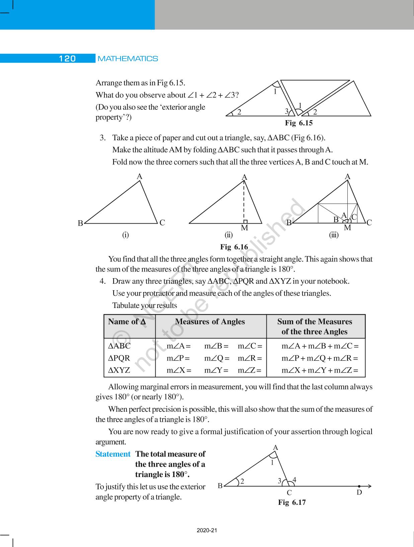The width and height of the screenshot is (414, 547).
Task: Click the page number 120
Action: coord(67,59)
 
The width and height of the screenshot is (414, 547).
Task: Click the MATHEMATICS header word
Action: coord(128,59)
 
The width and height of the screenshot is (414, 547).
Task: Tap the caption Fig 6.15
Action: coord(299,123)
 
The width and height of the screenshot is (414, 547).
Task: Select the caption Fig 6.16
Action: coord(234,247)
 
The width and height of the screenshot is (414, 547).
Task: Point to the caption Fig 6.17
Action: coord(292,502)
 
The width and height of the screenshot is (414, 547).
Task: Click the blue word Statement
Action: coord(113,454)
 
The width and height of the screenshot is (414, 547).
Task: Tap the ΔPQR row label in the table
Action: coord(119,358)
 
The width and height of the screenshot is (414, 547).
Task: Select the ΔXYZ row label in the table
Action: coord(119,370)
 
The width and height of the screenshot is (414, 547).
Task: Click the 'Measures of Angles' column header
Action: coord(210,321)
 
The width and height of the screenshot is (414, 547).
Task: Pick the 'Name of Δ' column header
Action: coord(127,321)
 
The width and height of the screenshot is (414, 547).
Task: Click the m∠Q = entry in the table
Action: coord(217,358)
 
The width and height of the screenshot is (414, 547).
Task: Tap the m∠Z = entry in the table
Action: coord(250,370)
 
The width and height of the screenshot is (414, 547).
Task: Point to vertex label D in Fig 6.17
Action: coord(359,492)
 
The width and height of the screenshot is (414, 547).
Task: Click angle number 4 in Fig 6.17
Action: coord(294,480)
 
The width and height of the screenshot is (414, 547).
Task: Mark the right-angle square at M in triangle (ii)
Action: coord(245,221)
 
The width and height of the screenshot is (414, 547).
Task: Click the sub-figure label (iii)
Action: coord(334,235)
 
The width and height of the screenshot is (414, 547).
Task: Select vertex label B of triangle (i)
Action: coord(80,223)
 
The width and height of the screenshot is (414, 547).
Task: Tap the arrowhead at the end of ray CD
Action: coord(369,486)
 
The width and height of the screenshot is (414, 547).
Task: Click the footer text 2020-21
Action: coord(207,530)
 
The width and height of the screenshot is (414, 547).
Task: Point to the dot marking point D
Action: coord(359,486)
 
